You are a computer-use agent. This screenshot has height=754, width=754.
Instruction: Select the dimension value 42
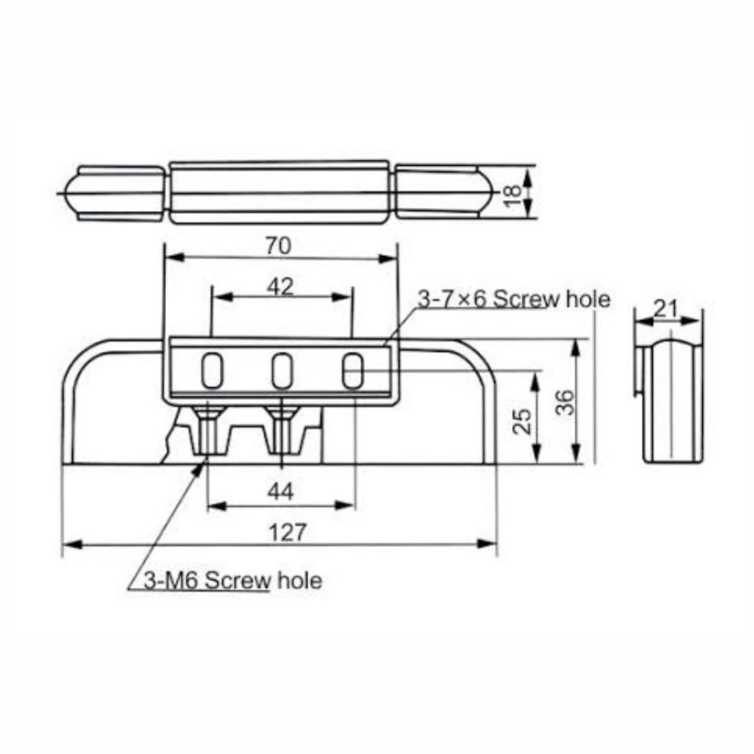pos(280,287)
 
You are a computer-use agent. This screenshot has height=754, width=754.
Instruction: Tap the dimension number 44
pos(280,491)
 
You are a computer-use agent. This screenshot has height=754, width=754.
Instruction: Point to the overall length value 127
pos(288,533)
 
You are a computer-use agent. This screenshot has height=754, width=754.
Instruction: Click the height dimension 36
pos(565,402)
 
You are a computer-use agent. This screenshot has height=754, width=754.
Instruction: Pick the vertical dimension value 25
pos(522,421)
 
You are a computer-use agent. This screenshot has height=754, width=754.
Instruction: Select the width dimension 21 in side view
pos(666,308)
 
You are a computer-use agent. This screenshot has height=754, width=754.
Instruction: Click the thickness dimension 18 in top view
pos(513,195)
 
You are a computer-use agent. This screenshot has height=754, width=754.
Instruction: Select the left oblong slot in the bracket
pos(212,371)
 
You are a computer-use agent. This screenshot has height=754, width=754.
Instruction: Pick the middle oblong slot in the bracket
pos(282,371)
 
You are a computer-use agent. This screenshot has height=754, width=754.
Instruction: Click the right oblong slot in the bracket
pos(353,371)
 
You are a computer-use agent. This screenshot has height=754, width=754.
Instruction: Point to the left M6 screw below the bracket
pos(208,430)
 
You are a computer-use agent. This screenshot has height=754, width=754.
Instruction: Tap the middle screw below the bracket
pos(282,430)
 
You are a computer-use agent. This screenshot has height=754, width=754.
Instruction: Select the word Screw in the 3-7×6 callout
pos(526,299)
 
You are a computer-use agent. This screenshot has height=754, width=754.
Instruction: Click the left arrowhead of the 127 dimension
pos(71,544)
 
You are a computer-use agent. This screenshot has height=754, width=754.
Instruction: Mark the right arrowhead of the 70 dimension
pos(388,258)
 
